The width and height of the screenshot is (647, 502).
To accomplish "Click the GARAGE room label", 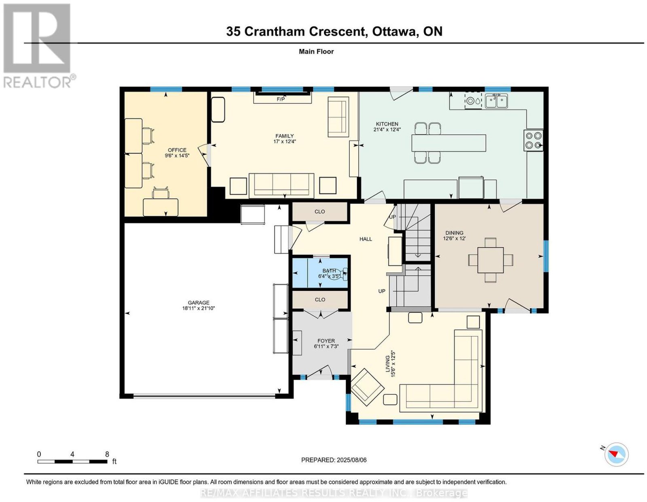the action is click(198, 303).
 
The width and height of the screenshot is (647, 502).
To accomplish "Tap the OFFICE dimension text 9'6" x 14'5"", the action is click(177, 155).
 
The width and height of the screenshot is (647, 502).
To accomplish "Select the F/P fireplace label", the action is click(281, 99).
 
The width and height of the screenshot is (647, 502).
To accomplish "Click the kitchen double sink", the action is click(496, 101).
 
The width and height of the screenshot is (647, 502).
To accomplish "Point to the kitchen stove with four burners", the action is click(533, 141).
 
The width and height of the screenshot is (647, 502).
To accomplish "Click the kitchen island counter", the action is click(449, 143).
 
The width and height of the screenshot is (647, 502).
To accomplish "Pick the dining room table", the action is click(491, 260).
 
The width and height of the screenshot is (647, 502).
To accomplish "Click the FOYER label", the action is click(326, 341).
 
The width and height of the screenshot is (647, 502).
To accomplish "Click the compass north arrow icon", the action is click(616, 463).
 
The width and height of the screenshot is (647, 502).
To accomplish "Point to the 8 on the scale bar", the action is click(107, 454).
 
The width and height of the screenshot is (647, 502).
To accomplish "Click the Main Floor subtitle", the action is click(316, 51).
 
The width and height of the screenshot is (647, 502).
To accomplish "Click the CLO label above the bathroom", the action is click(320, 212).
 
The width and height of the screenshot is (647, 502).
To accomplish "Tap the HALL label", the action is click(366, 239).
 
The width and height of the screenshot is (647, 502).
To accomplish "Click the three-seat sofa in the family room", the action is click(281, 185).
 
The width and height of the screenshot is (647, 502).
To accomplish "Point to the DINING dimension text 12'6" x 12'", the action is click(455, 238).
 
